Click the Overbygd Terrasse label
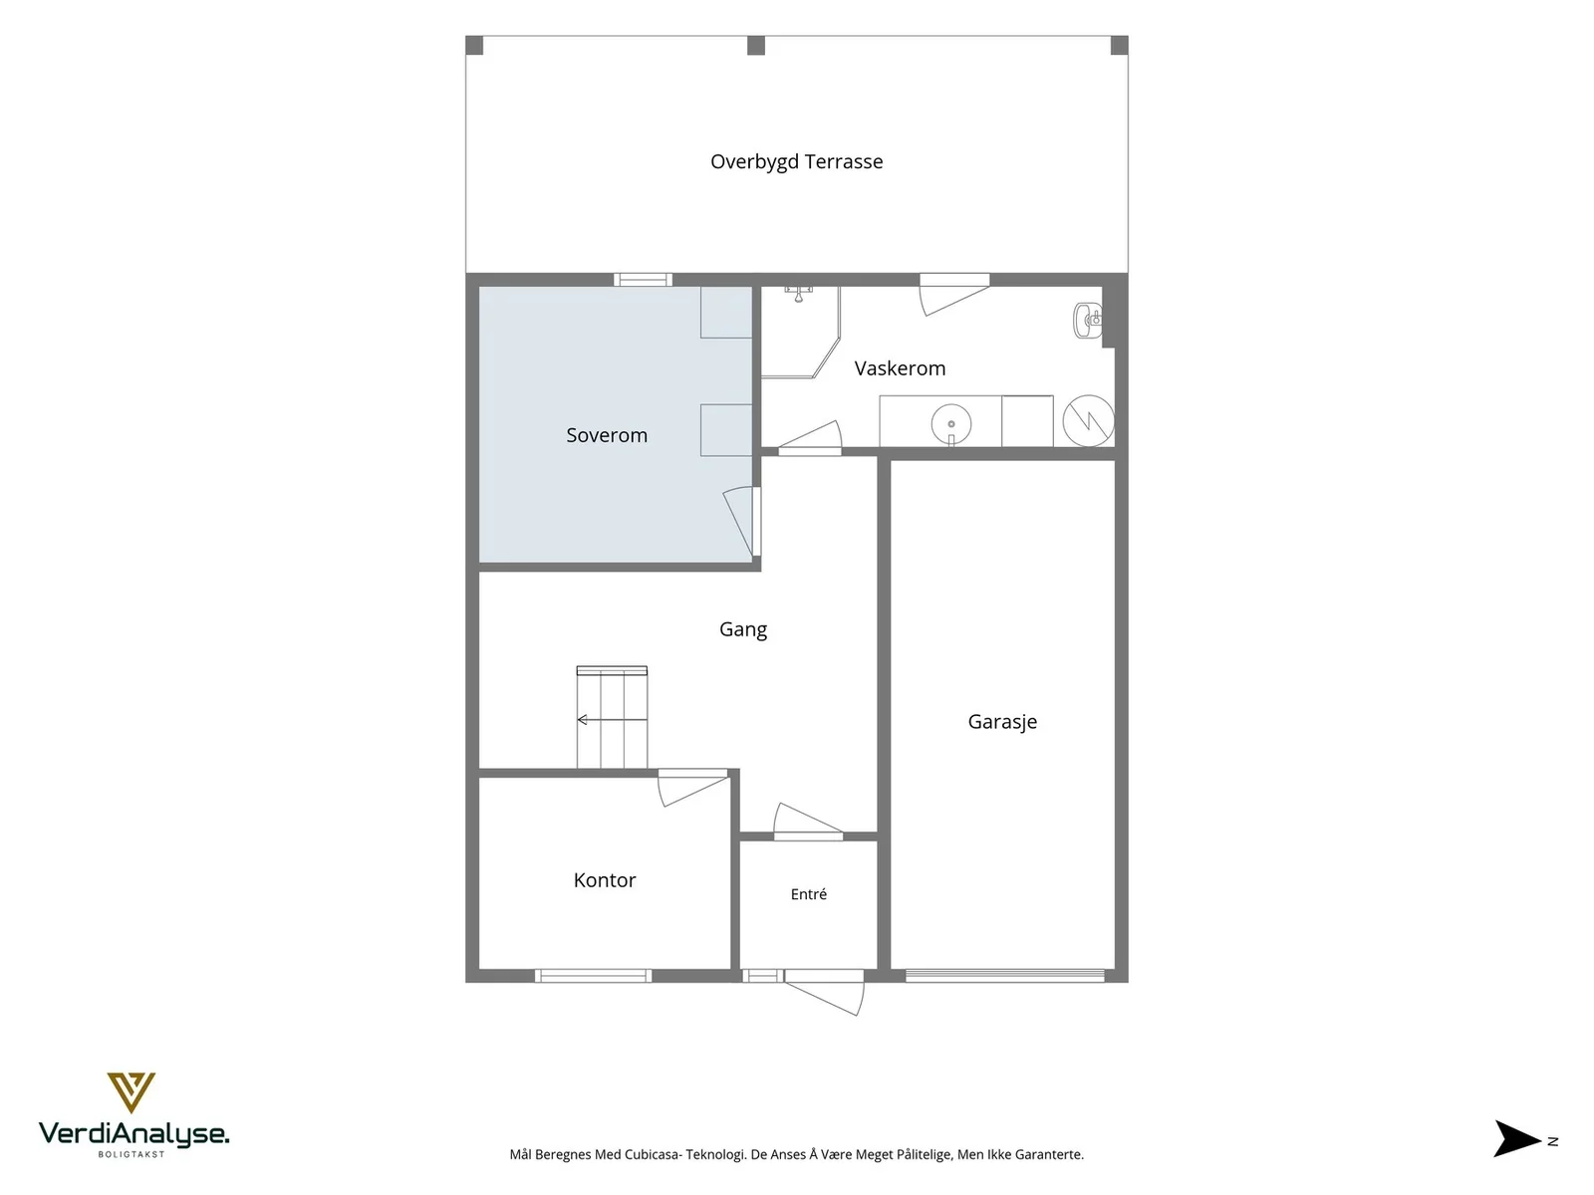(x=796, y=161)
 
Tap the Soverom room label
(x=607, y=435)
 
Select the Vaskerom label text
(x=900, y=368)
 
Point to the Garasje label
(x=1002, y=722)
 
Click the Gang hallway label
(x=743, y=629)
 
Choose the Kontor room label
(x=604, y=880)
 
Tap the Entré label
(x=808, y=894)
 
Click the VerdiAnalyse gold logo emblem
(x=131, y=1092)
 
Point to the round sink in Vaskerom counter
(x=951, y=424)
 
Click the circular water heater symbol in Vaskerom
(x=1089, y=421)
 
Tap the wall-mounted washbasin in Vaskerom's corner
(x=1088, y=321)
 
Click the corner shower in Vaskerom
(x=800, y=333)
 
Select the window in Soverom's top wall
(x=643, y=280)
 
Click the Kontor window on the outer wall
(x=594, y=976)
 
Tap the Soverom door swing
(x=742, y=520)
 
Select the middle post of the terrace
(x=756, y=46)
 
